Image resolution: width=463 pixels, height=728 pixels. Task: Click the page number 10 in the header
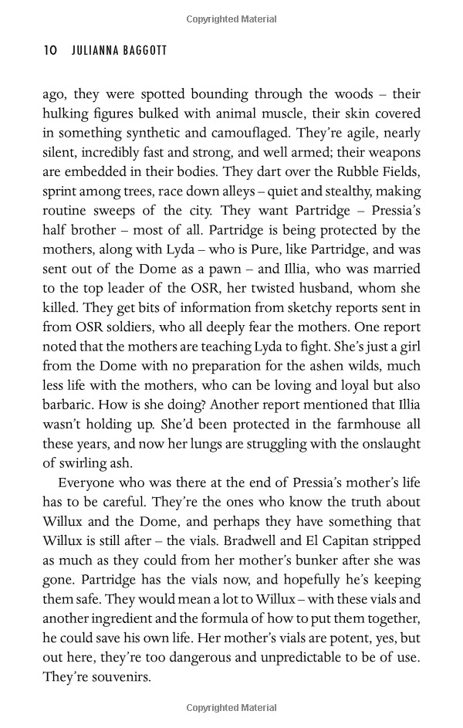point(50,50)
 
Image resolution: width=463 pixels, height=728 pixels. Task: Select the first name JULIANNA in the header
point(95,50)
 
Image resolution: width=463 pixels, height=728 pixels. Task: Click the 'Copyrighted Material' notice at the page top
point(231,19)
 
